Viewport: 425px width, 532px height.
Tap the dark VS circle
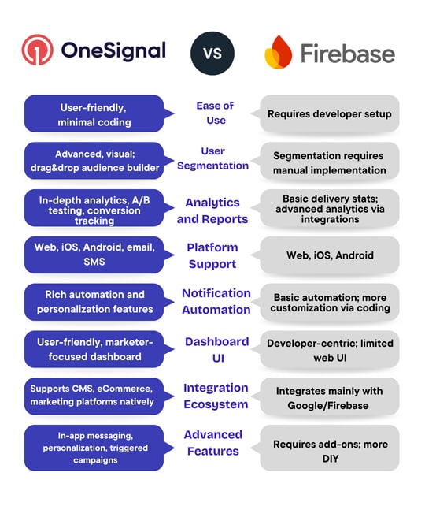[213, 53]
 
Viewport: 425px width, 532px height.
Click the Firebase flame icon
[278, 54]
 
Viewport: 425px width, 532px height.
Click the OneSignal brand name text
[113, 51]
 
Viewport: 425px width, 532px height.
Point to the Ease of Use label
[215, 113]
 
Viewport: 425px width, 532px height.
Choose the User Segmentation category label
[213, 158]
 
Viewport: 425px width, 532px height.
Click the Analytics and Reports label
[212, 210]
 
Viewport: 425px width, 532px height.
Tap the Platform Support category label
[212, 255]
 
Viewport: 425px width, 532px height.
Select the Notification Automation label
[216, 301]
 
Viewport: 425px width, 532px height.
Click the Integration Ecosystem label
[216, 396]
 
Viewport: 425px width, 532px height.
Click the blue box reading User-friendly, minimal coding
[94, 114]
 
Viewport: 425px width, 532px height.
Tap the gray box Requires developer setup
[329, 114]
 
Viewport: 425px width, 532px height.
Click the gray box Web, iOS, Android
[329, 255]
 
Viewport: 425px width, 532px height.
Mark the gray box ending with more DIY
[329, 451]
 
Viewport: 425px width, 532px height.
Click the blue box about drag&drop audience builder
[94, 160]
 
